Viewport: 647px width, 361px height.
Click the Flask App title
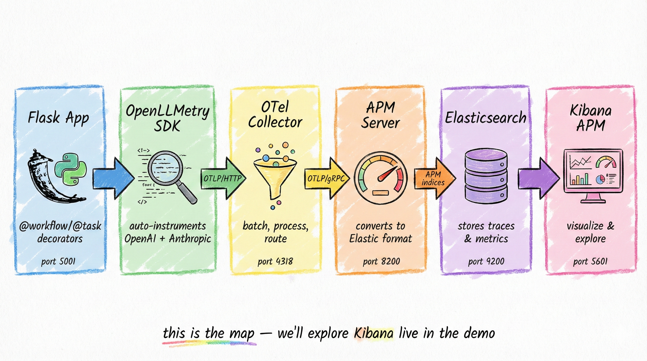(58, 118)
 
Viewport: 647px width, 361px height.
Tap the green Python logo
(71, 170)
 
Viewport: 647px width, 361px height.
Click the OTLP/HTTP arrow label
(222, 178)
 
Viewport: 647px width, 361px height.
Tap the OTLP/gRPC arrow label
(326, 178)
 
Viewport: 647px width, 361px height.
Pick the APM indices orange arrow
(434, 178)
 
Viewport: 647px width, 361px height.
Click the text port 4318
(275, 261)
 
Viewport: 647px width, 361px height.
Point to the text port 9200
(486, 261)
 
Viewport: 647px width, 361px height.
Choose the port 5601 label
(590, 261)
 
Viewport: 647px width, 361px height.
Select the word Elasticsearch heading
(485, 118)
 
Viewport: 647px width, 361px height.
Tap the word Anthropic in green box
(190, 239)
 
